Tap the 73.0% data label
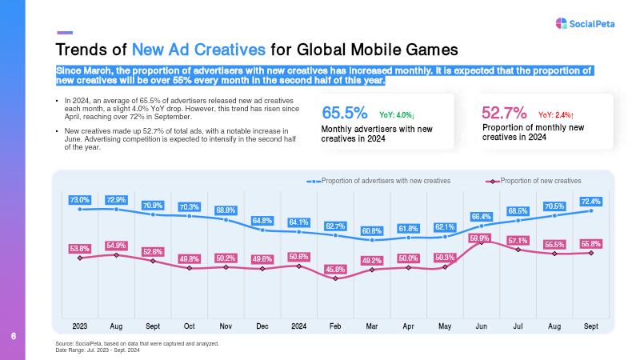[80, 199]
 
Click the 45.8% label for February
[336, 269]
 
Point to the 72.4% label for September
[590, 201]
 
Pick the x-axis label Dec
[262, 326]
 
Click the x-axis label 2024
[299, 326]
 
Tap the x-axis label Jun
[481, 326]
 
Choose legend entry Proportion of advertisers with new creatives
[381, 181]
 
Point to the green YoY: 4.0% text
[402, 115]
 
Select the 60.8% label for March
[372, 231]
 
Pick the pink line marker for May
[445, 266]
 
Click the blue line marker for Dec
[262, 230]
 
